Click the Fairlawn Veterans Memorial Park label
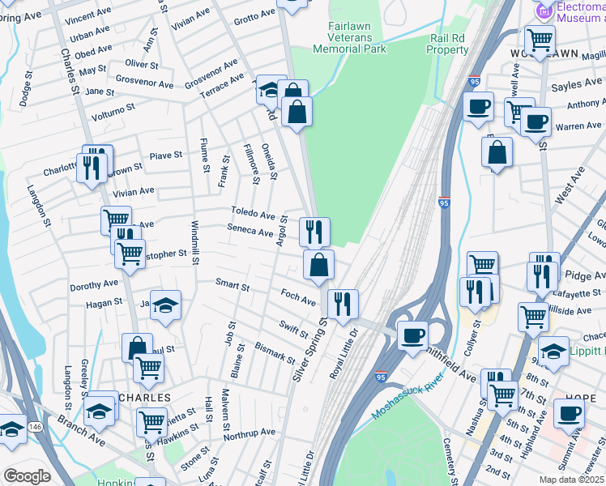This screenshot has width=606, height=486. point(356,37)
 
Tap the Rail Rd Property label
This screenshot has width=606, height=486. point(448,44)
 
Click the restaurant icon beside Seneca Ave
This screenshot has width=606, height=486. point(314,232)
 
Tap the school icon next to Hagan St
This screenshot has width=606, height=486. point(165,305)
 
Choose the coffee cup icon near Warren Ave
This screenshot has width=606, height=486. point(536,122)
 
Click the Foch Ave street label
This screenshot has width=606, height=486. point(297,297)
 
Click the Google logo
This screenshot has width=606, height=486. point(27,475)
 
